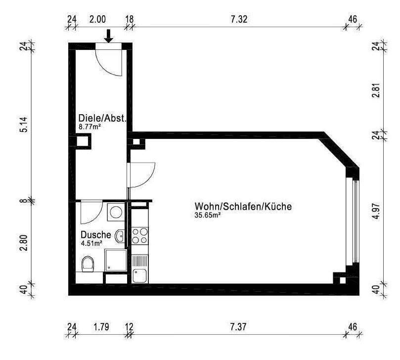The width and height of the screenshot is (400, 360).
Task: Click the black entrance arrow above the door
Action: point(109,36)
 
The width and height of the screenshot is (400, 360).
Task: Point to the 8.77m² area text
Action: point(90,127)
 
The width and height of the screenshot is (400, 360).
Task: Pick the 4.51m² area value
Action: point(91,243)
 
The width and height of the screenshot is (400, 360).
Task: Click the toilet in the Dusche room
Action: point(88,264)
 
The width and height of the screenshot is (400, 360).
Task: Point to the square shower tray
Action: point(116,260)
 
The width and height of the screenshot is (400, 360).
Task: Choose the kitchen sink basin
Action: point(139,275)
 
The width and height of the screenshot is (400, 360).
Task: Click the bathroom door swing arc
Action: point(91,212)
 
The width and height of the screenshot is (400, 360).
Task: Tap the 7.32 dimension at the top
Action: point(239,20)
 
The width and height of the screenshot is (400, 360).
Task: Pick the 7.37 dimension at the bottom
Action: point(239,327)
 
